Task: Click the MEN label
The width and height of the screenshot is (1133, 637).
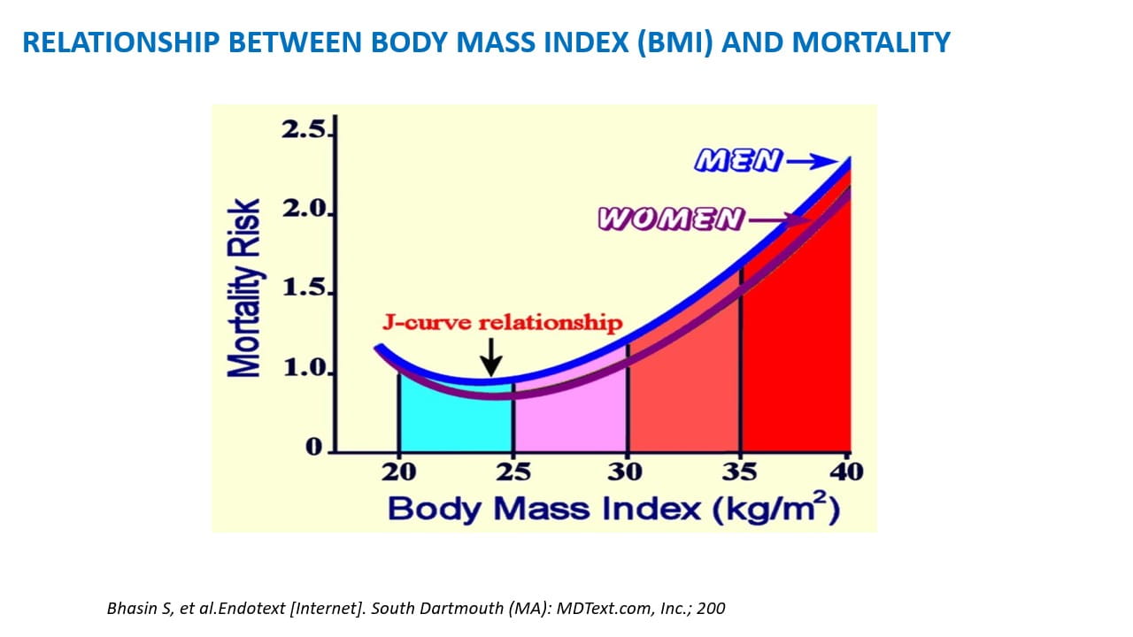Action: click(x=739, y=160)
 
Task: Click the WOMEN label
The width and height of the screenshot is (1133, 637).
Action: click(x=670, y=219)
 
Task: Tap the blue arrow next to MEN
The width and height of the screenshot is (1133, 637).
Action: click(x=811, y=161)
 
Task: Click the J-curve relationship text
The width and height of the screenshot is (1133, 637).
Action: click(x=503, y=322)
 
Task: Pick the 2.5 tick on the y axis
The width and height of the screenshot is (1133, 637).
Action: click(x=304, y=131)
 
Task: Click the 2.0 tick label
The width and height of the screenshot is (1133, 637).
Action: click(x=304, y=211)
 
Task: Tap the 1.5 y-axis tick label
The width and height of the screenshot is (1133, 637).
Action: click(x=304, y=289)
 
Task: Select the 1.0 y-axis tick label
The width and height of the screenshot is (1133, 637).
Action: click(x=304, y=368)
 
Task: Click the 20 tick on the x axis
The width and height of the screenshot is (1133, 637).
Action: click(x=399, y=472)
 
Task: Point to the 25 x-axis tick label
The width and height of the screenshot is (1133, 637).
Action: click(x=513, y=472)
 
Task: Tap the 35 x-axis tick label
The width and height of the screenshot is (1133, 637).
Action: click(x=739, y=472)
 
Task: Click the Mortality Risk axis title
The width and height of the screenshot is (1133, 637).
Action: click(x=245, y=288)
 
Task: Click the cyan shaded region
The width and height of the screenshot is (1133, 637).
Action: click(x=456, y=420)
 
